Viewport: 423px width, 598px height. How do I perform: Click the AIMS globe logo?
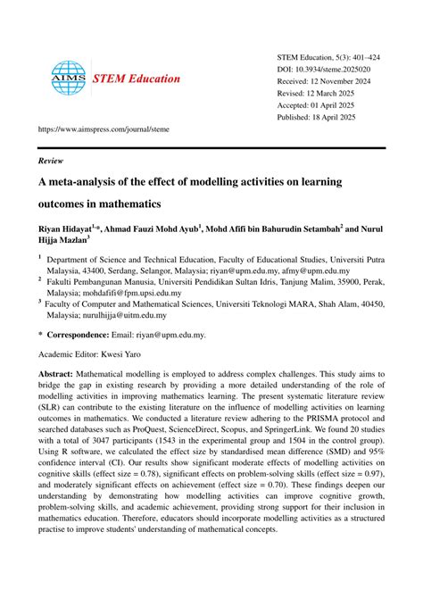click(67, 79)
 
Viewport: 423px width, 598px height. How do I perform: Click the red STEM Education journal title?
click(137, 79)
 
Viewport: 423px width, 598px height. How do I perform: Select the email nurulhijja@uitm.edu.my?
click(120, 315)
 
